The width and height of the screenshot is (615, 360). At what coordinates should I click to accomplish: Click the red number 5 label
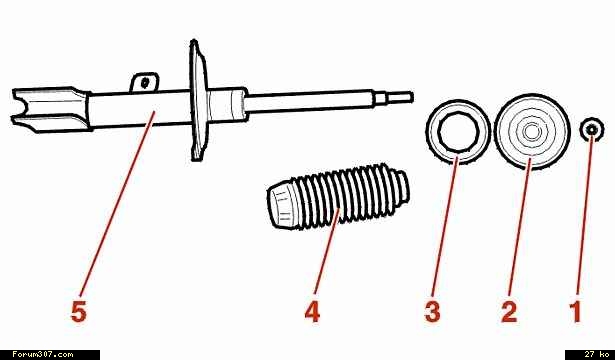click(x=78, y=313)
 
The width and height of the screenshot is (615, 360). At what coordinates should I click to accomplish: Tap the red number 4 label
click(x=312, y=313)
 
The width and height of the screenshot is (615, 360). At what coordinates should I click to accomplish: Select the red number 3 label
click(x=432, y=313)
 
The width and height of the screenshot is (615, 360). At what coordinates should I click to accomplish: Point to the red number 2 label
click(x=509, y=313)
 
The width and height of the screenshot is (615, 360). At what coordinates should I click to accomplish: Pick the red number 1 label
click(x=577, y=313)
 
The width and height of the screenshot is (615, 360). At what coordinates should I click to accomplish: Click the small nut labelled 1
click(x=592, y=130)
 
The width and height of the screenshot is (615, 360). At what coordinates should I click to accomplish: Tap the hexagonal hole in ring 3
click(x=459, y=132)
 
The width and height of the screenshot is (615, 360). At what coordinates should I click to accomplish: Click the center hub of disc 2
click(x=531, y=132)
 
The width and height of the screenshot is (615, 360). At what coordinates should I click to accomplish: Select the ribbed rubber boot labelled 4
click(x=338, y=196)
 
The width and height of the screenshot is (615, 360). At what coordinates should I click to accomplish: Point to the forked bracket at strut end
click(x=51, y=109)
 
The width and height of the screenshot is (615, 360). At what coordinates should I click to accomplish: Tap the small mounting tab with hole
click(x=145, y=82)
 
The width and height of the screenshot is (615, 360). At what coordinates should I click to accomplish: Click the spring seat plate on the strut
click(x=198, y=100)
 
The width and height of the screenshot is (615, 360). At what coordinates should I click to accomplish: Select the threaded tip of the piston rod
click(x=399, y=97)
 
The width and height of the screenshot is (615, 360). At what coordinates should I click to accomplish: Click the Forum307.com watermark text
click(x=42, y=355)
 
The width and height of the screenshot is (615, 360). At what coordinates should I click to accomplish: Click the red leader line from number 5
click(x=117, y=204)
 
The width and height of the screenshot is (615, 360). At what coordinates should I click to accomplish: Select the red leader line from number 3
click(x=444, y=226)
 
